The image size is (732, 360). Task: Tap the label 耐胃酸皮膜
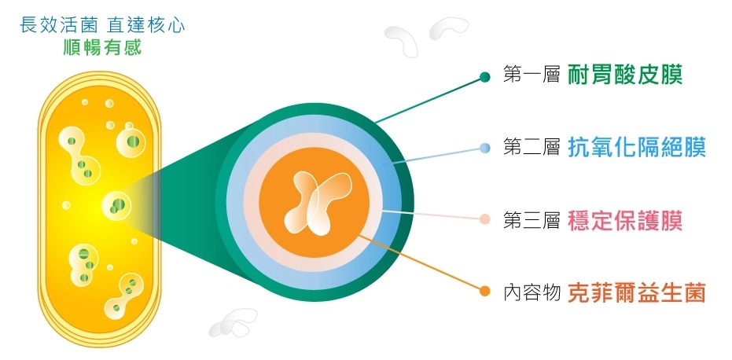click(x=623, y=75)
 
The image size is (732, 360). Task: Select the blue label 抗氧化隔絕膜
click(x=636, y=147)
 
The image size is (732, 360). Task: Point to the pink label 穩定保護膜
click(x=624, y=219)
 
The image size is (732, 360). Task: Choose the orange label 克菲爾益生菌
click(x=636, y=292)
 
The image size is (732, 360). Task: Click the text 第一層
click(x=530, y=76)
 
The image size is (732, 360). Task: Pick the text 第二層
click(x=530, y=147)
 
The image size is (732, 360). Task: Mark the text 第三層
click(x=530, y=220)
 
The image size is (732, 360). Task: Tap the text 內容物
click(x=530, y=292)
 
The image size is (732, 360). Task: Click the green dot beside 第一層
click(x=485, y=77)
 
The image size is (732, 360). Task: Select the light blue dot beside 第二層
click(x=485, y=148)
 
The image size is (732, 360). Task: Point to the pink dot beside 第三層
click(x=485, y=220)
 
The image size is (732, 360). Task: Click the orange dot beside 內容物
click(x=485, y=292)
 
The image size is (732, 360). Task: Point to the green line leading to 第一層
click(x=429, y=100)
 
